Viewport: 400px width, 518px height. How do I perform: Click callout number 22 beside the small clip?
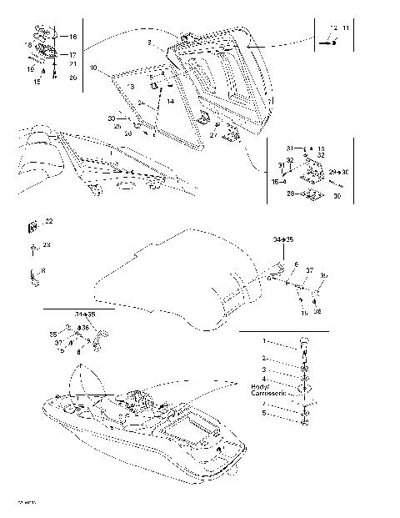point(48,220)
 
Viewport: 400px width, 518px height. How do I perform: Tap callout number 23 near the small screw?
point(47,244)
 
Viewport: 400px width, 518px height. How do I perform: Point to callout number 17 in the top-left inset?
point(72,54)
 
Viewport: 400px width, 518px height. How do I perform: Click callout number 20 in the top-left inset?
point(72,78)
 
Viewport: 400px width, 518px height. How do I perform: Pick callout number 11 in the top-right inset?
point(347,29)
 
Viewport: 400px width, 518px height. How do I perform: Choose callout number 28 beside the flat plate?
point(290,194)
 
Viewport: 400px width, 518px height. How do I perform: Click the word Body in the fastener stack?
point(259,387)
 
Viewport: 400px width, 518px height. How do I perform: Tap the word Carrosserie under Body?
point(267,393)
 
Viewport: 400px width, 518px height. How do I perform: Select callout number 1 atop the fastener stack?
point(265,342)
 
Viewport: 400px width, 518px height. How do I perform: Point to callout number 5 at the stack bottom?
point(265,413)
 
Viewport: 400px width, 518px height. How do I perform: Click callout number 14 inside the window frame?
point(170,101)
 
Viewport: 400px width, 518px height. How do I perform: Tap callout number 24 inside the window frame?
point(142,104)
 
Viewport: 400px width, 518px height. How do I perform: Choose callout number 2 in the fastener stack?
point(265,357)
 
